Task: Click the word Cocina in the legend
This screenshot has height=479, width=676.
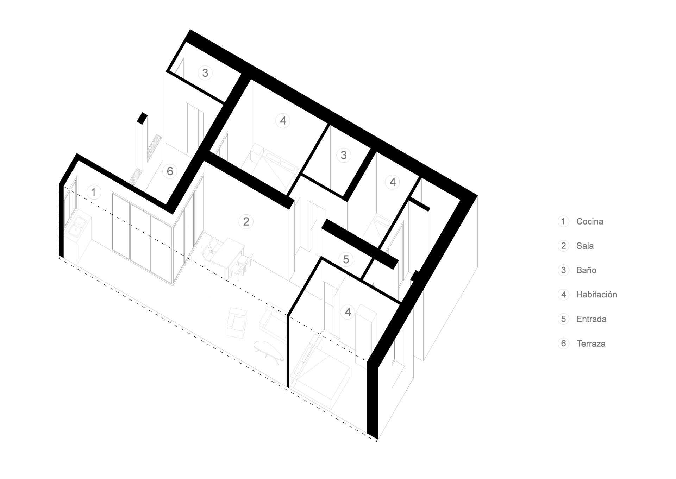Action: click(x=590, y=221)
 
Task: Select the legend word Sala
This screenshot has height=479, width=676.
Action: click(x=585, y=246)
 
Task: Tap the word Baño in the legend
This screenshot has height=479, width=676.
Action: click(x=586, y=270)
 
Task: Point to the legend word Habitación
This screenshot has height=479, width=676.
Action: click(x=596, y=294)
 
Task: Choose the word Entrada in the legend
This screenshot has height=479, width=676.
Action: click(x=591, y=319)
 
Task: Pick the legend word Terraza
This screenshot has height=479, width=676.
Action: click(x=591, y=344)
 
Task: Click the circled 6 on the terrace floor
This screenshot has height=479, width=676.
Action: click(x=170, y=171)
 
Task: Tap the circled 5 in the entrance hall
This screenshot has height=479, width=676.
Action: click(x=346, y=259)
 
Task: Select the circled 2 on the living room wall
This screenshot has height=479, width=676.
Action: click(x=246, y=221)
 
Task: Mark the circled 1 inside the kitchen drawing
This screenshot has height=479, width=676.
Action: click(x=93, y=192)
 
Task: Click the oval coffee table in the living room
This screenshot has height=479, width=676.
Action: click(x=269, y=351)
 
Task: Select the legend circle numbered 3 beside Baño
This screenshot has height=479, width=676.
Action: click(x=563, y=270)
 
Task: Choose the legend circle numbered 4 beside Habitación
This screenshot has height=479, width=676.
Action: click(x=563, y=294)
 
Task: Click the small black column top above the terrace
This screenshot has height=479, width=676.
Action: click(x=142, y=118)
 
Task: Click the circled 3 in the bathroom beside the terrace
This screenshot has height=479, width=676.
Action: click(x=205, y=73)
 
